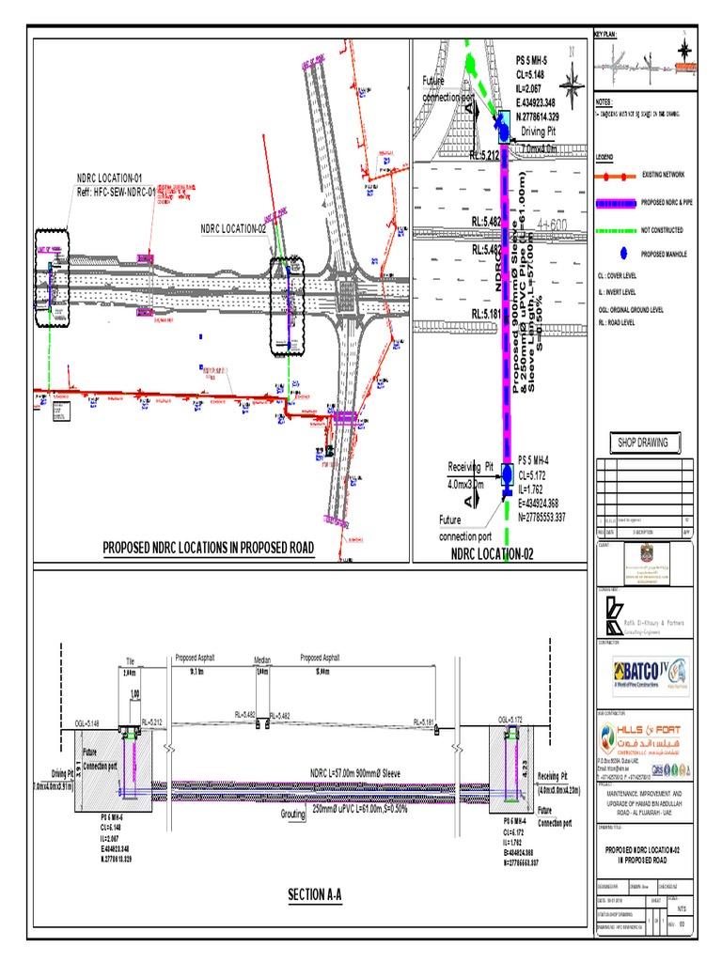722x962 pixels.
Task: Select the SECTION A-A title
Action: (x=315, y=894)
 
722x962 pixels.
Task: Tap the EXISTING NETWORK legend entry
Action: (x=662, y=175)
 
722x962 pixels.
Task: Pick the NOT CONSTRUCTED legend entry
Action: (x=662, y=229)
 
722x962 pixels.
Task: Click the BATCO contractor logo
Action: (x=649, y=674)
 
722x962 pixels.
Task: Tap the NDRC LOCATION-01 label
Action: (x=110, y=178)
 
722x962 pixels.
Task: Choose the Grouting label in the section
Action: (x=293, y=814)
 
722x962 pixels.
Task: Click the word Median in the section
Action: (x=262, y=660)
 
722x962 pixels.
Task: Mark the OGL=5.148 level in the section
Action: (x=87, y=722)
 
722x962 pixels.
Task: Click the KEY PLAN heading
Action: (x=605, y=35)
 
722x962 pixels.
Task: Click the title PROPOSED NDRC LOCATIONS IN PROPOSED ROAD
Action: (x=208, y=549)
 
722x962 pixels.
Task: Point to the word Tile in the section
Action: (x=131, y=660)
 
